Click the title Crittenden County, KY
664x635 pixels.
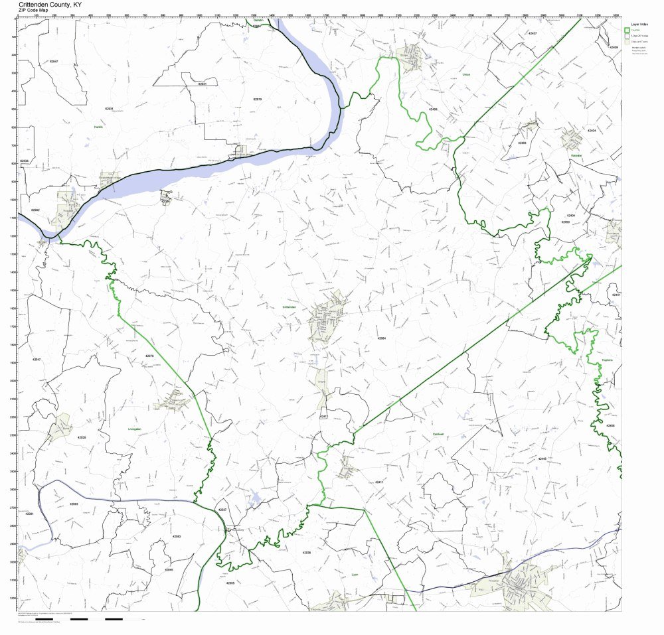coord(50,4)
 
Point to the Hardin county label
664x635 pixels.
coord(98,126)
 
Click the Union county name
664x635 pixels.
coord(466,75)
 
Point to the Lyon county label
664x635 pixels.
coord(355,575)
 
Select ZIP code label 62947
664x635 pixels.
coord(54,61)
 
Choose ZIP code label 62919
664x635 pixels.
coord(258,99)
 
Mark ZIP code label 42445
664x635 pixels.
coord(542,459)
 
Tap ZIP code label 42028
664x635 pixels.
coord(82,438)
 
